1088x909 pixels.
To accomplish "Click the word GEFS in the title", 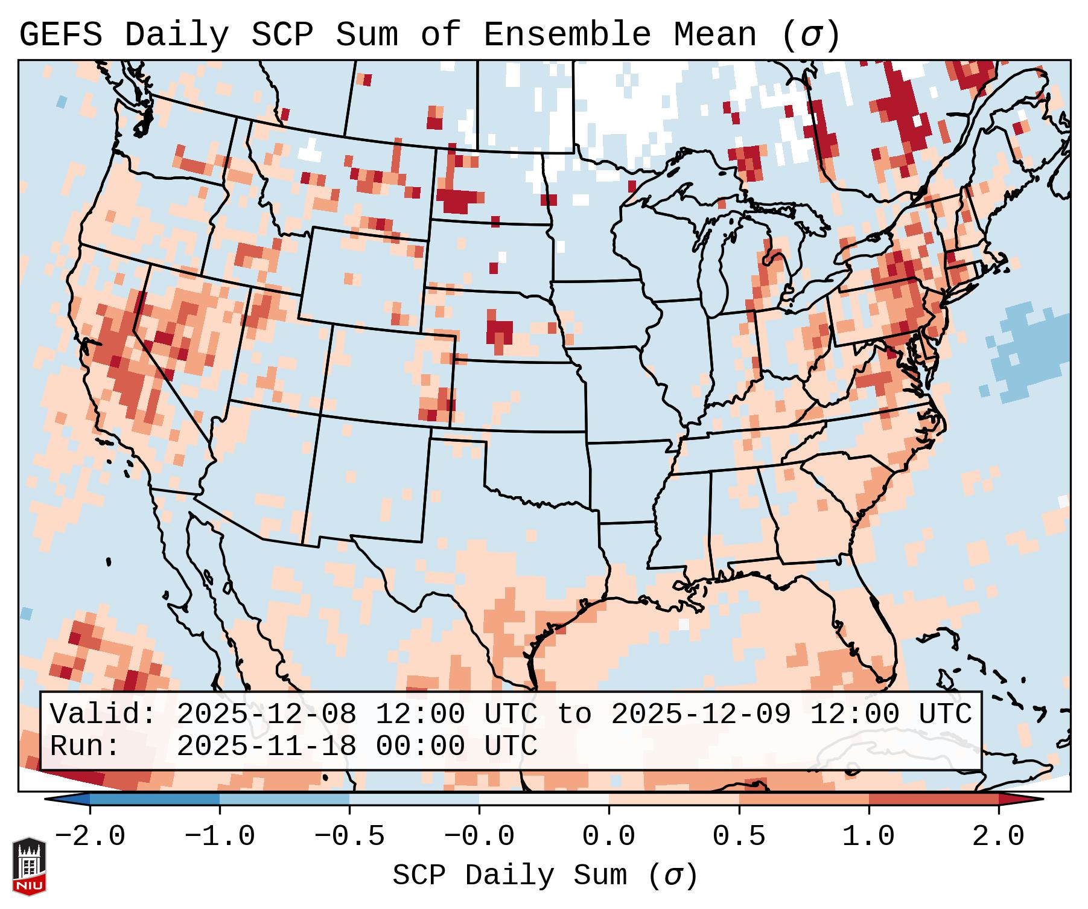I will pyautogui.click(x=60, y=35).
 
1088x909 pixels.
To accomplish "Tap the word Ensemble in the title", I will pyautogui.click(x=567, y=35).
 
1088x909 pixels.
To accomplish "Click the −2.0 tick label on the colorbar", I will pyautogui.click(x=90, y=837).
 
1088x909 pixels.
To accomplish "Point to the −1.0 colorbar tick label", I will pyautogui.click(x=220, y=837).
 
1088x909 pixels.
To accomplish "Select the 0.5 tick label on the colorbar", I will pyautogui.click(x=739, y=837).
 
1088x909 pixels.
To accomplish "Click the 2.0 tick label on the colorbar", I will pyautogui.click(x=999, y=837).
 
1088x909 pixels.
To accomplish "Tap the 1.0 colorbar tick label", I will pyautogui.click(x=868, y=837).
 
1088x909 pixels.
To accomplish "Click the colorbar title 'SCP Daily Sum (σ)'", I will pyautogui.click(x=545, y=876).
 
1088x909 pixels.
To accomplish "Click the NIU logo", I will pyautogui.click(x=29, y=866).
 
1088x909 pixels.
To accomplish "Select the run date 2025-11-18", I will pyautogui.click(x=266, y=747).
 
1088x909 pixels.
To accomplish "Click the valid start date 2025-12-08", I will pyautogui.click(x=266, y=715).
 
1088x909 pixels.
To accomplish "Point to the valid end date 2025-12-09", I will pyautogui.click(x=701, y=715).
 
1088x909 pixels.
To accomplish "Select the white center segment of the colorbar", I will pyautogui.click(x=544, y=799).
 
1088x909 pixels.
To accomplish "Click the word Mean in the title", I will pyautogui.click(x=715, y=35).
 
